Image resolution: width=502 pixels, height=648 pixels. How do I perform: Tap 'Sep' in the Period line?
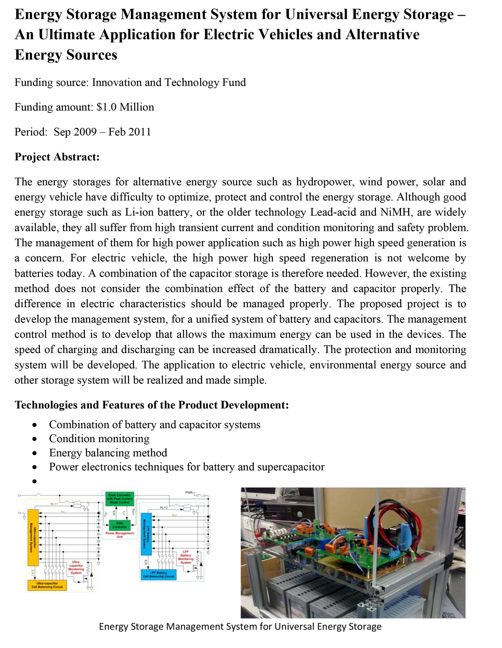point(62,132)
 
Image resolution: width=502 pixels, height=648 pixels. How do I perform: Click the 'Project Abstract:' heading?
point(57,157)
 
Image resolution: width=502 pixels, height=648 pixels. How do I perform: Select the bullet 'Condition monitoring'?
point(99,439)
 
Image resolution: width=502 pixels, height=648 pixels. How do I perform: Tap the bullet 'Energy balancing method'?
point(108,453)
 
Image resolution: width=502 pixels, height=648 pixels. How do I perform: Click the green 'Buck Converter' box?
point(120,498)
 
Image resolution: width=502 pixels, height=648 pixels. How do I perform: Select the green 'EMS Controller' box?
point(120,525)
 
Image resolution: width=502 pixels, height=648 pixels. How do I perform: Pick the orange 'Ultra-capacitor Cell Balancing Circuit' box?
point(47,585)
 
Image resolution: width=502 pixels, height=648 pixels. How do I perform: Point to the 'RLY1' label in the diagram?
point(54,504)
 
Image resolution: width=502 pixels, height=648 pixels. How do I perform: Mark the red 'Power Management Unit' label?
point(120,535)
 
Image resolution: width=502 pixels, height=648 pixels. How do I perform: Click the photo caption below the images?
point(240,635)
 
